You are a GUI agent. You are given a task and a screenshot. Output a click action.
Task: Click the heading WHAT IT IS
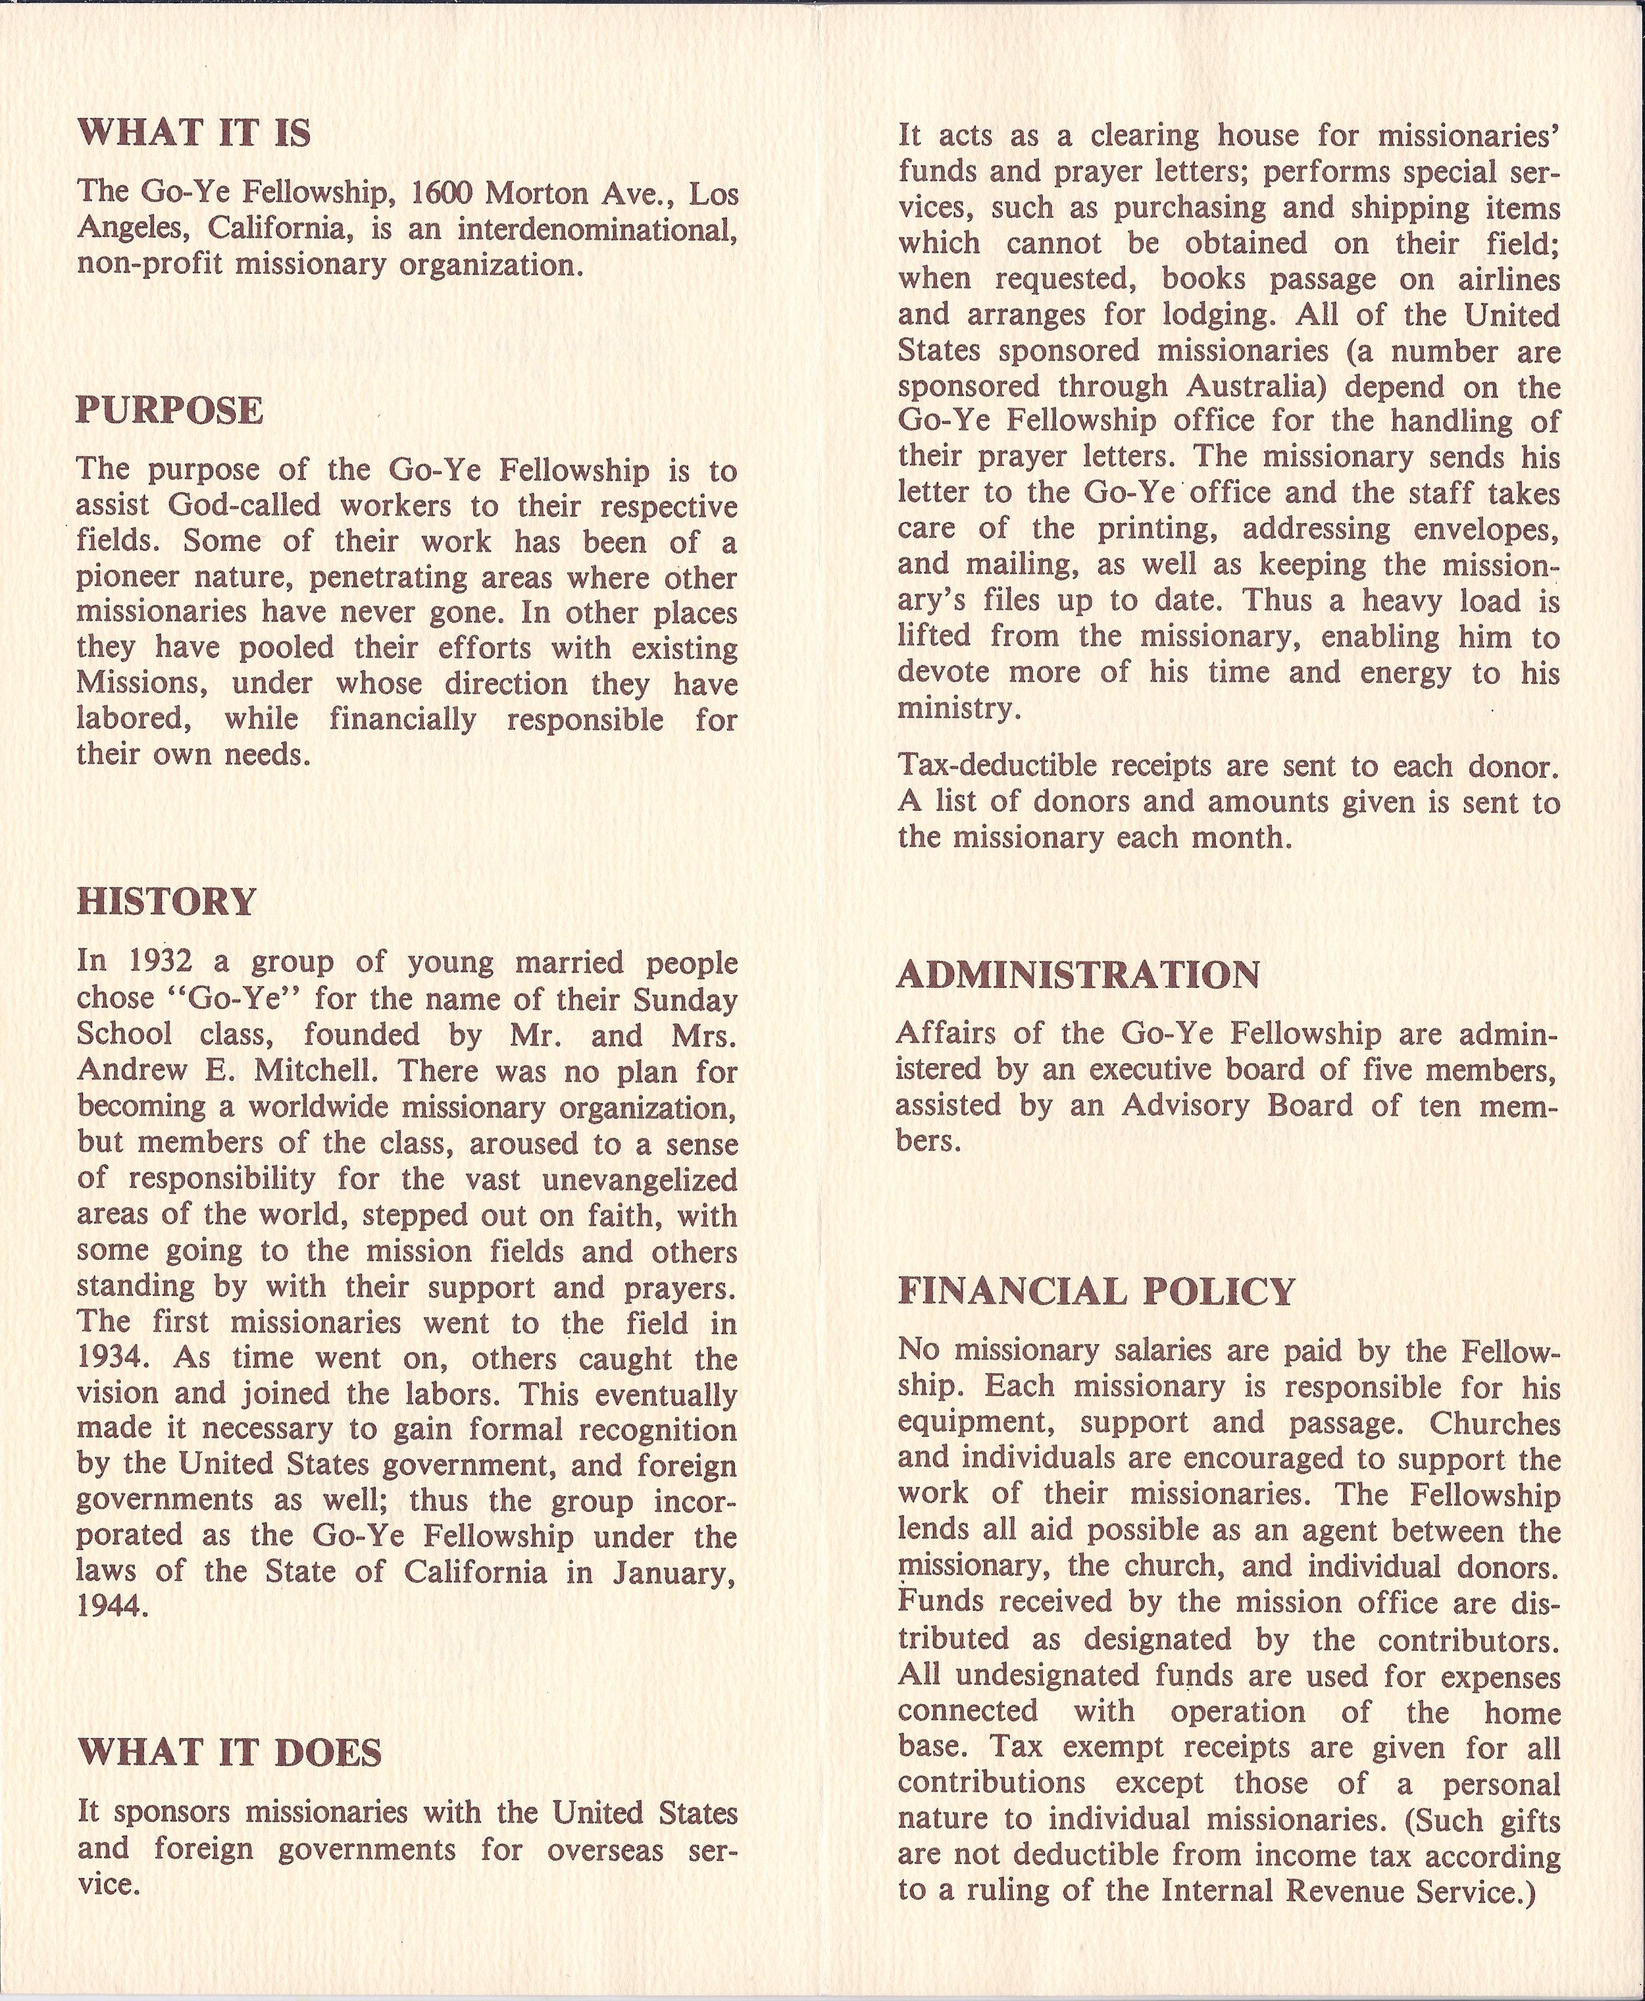tap(194, 134)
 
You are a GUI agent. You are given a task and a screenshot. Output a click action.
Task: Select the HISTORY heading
tap(166, 902)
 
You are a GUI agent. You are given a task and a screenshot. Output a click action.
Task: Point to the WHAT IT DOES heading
tap(230, 1753)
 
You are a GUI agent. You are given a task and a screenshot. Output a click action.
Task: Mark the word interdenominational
tap(598, 229)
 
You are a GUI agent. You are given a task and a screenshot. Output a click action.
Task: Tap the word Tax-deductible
tap(995, 766)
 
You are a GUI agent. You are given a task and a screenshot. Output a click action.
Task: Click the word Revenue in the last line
tap(1346, 1892)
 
